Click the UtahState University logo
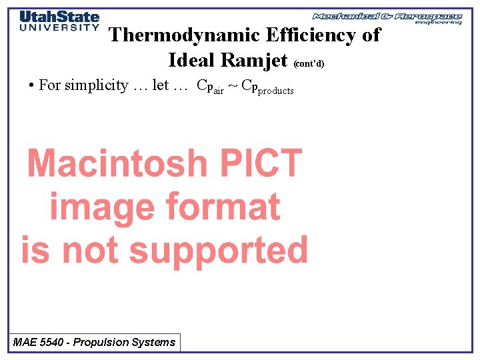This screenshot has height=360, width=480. (59, 21)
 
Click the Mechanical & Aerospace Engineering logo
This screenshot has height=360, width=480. (387, 17)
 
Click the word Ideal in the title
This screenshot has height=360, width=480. (192, 60)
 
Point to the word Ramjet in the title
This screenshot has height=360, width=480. (255, 60)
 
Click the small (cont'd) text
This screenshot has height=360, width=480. (309, 64)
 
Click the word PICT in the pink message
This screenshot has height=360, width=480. (258, 163)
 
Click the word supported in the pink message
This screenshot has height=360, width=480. (218, 250)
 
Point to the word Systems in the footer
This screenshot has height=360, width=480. (155, 343)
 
